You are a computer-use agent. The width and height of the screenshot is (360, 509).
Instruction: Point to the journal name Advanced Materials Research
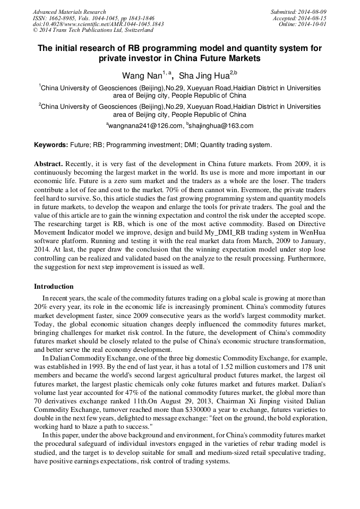(69, 12)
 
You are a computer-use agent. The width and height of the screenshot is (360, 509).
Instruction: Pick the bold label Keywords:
(51, 145)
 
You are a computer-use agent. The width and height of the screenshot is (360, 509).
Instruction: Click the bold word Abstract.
(48, 164)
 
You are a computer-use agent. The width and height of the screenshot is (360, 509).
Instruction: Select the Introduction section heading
(54, 287)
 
